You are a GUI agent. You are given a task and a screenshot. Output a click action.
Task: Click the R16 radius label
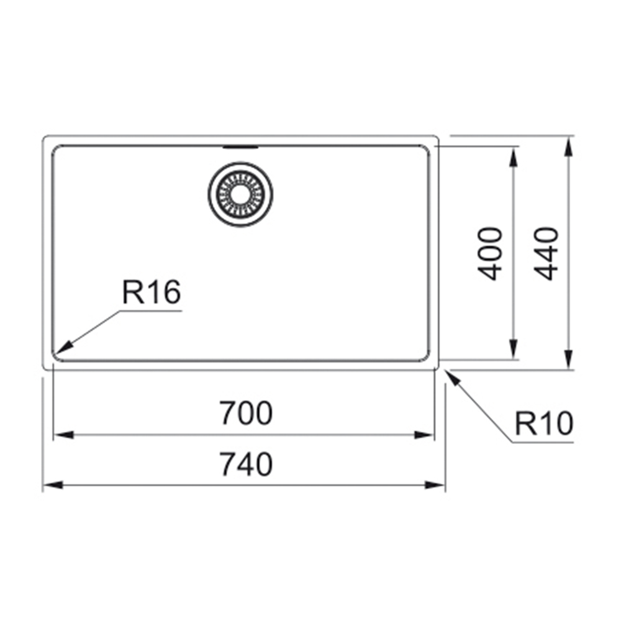coord(152,292)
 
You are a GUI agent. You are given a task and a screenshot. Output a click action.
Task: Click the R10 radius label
coord(544,424)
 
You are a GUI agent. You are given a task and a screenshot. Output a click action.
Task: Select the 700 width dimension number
coord(246,413)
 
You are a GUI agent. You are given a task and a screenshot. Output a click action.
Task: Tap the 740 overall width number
coord(246,464)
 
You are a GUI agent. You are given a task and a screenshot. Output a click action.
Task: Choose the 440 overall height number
coord(546,254)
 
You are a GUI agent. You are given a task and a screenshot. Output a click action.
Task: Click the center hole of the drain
coord(240,194)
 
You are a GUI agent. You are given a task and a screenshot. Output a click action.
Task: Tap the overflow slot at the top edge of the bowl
coord(240,147)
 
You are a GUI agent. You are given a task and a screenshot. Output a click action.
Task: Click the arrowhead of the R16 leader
coord(64,347)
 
